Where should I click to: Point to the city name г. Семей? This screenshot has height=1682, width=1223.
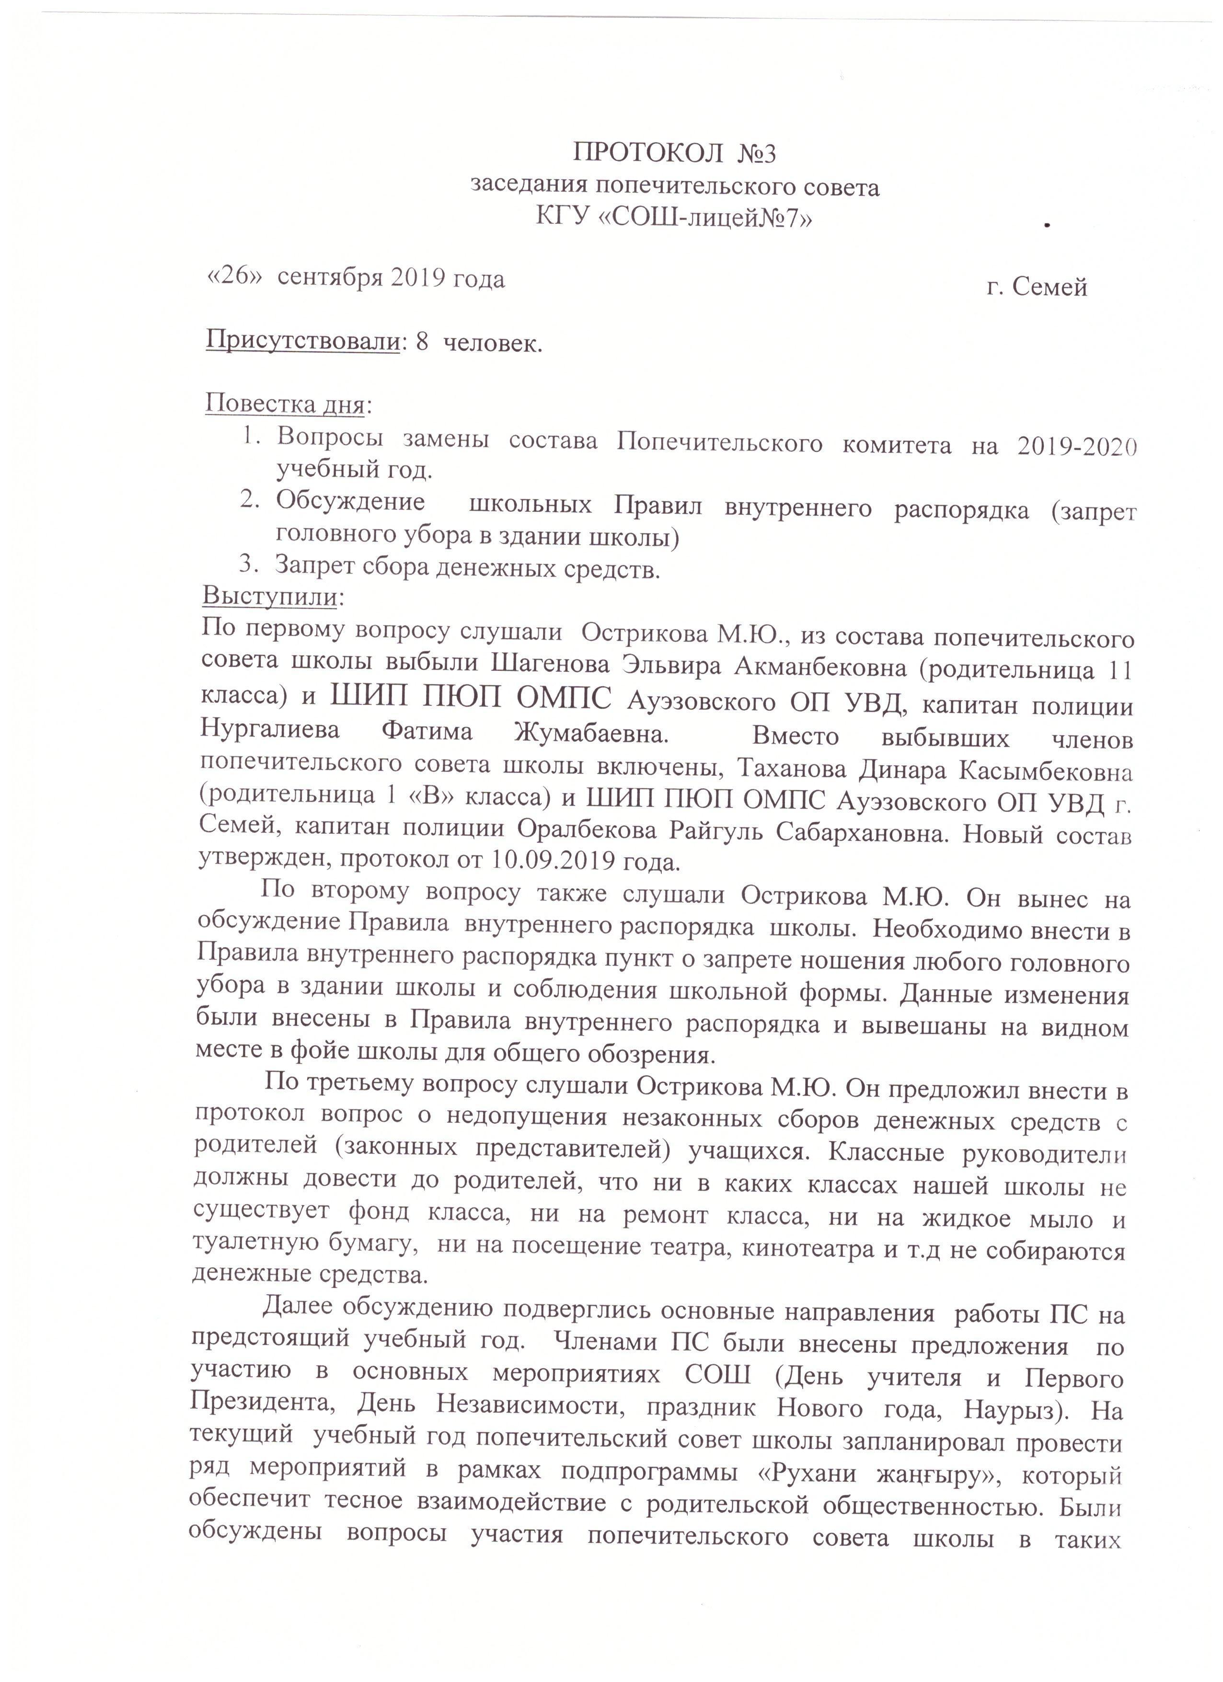click(1037, 286)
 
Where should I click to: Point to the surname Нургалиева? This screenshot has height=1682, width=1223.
click(271, 730)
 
